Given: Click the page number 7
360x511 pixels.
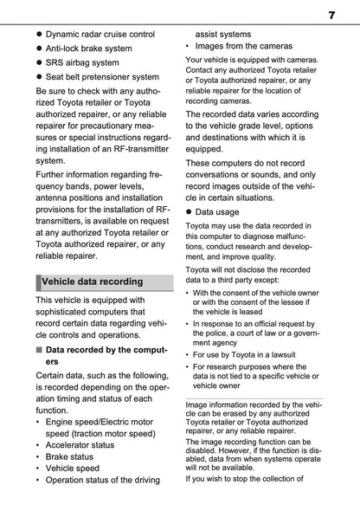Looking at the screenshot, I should click(331, 16).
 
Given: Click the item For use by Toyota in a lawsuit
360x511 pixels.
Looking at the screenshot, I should click(251, 366).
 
